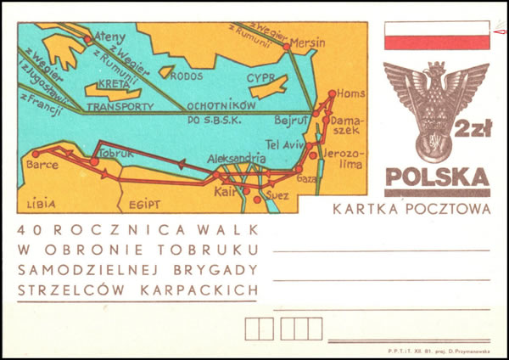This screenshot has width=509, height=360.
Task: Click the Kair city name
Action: [225, 192]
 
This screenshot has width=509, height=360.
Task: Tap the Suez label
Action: [278, 194]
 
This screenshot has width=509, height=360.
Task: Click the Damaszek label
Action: [347, 126]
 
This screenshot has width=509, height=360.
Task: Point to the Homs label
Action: [350, 93]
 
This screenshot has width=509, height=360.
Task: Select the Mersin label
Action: [307, 42]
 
